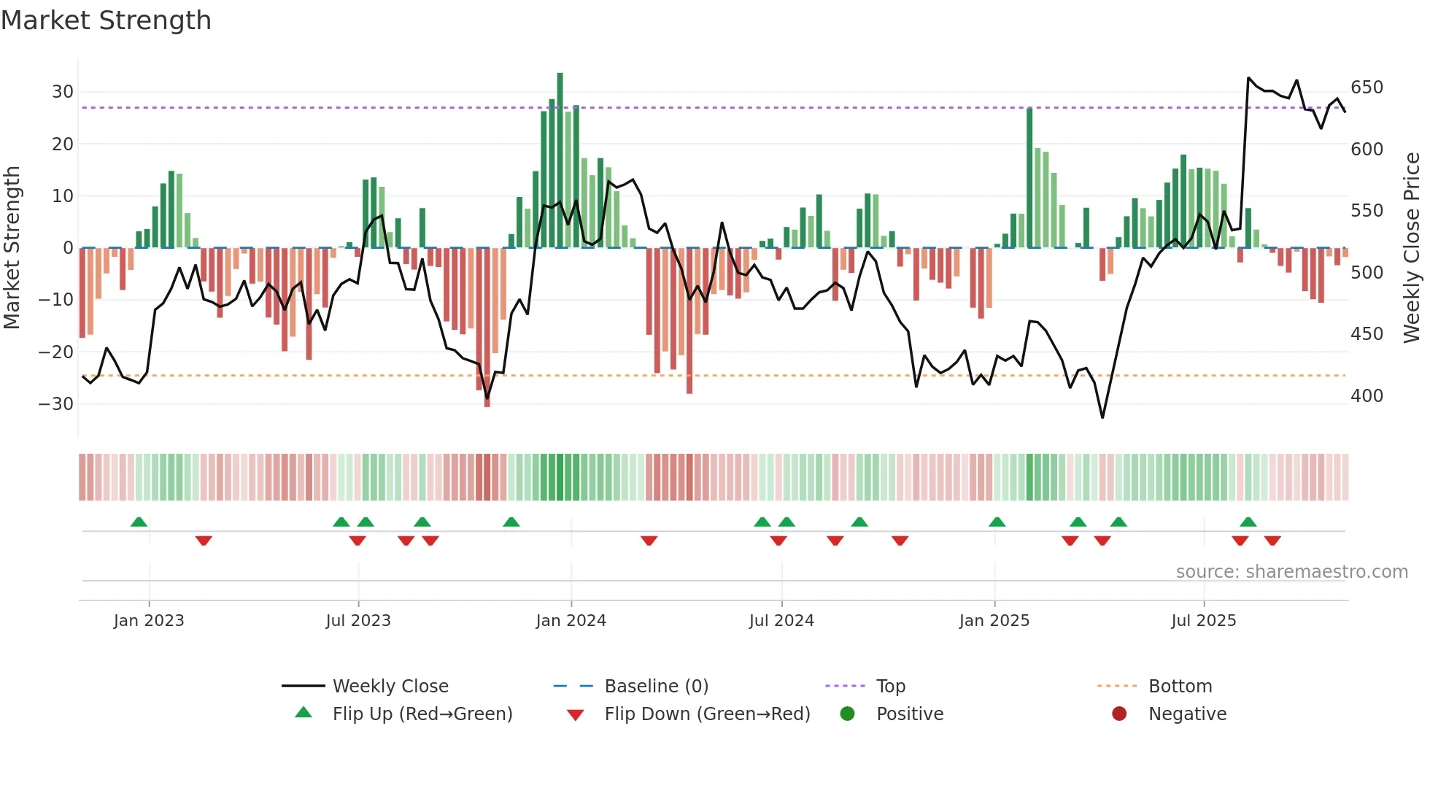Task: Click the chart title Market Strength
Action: coord(106,20)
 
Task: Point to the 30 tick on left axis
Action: coord(63,92)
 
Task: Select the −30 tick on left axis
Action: coord(57,403)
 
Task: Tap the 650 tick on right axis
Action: coord(1367,88)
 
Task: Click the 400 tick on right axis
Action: coord(1367,395)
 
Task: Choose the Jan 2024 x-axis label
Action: coord(571,621)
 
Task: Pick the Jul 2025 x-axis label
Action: coord(1203,621)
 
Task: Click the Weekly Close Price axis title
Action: coord(1412,248)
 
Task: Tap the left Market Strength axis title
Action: coord(12,248)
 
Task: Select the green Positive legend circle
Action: coord(847,714)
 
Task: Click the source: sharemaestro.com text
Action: coord(1291,572)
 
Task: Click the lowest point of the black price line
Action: coord(1102,417)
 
